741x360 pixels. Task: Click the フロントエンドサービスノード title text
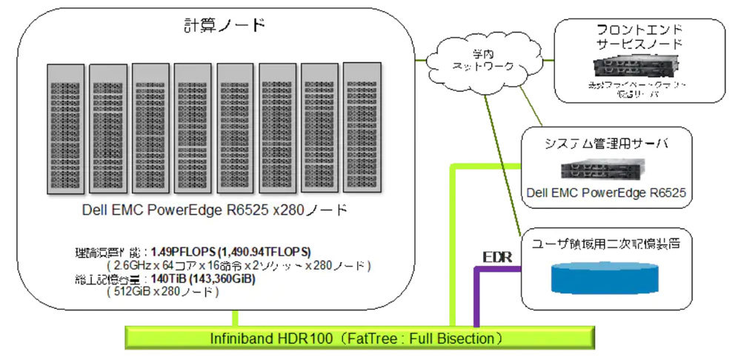[x=639, y=36]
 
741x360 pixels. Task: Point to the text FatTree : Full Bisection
[x=419, y=339]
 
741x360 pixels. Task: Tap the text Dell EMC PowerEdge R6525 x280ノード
[x=214, y=210]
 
